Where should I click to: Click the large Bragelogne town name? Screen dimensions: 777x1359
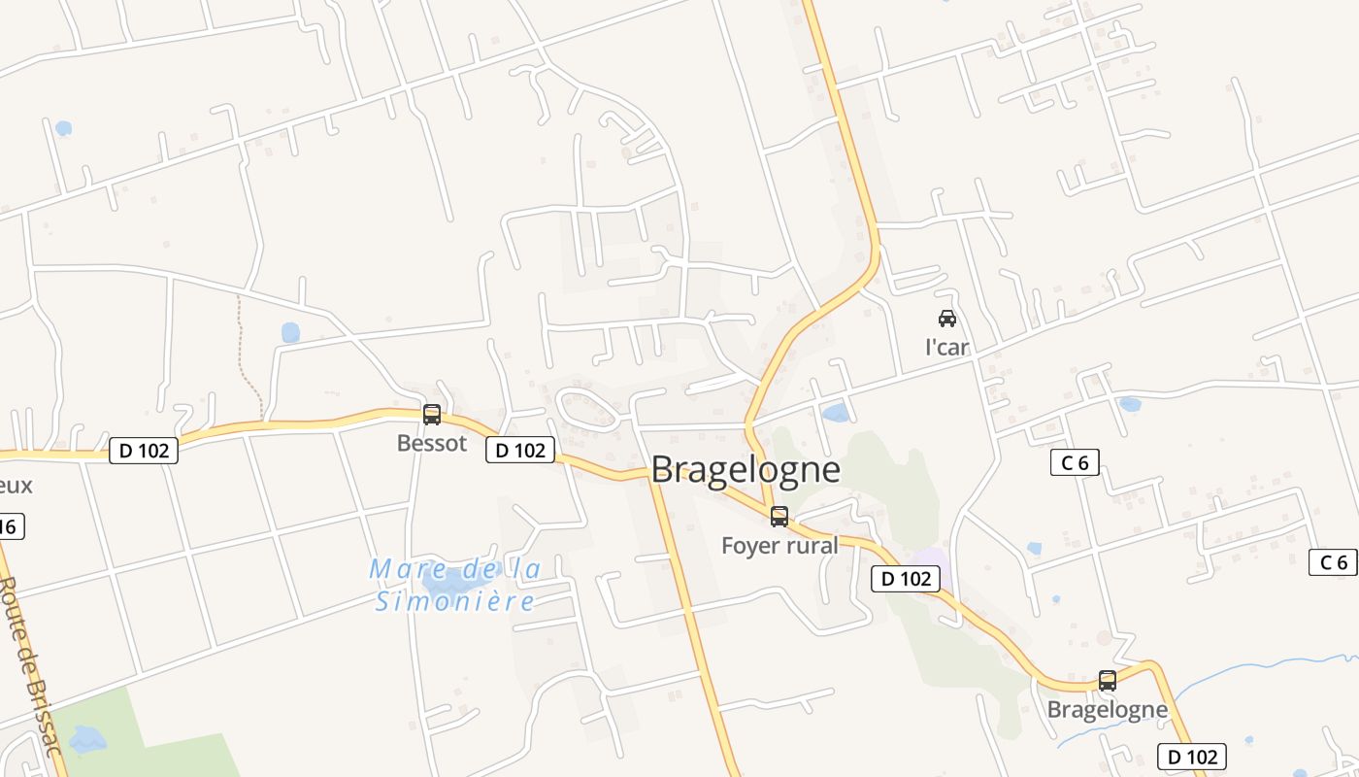746,470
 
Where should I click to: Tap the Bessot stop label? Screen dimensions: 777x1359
432,444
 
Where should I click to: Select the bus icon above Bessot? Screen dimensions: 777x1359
432,415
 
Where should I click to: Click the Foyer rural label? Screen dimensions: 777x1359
779,546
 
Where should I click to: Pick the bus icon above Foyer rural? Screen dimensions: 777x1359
779,516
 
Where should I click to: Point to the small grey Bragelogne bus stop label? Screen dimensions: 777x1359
1107,710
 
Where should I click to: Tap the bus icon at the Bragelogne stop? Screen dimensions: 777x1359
1108,680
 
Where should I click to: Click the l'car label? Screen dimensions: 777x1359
946,348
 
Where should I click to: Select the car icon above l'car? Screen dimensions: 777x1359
946,318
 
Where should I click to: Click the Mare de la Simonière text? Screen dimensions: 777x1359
454,585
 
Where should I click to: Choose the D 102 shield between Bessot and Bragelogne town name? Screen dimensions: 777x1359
520,450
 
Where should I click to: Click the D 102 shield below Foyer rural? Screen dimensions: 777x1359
907,579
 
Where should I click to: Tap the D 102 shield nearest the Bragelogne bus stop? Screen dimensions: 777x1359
1192,757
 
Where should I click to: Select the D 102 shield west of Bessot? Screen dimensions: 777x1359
144,451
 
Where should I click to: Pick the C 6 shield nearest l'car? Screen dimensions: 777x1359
1075,463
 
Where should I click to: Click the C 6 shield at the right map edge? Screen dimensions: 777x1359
1333,562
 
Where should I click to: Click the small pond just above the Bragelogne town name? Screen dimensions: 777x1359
835,414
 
